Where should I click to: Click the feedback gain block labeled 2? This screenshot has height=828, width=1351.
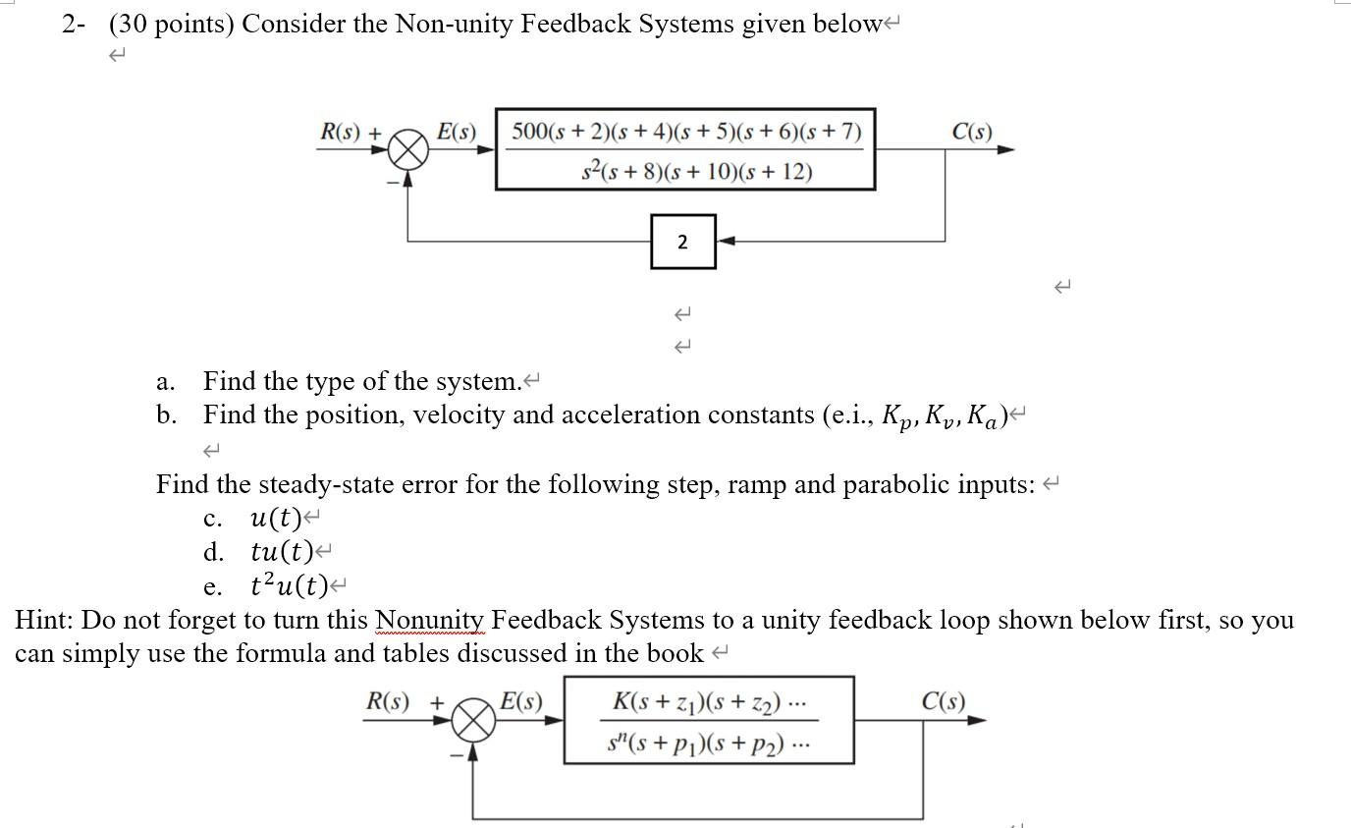[x=682, y=242]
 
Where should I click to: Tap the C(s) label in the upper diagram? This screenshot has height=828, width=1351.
[x=972, y=131]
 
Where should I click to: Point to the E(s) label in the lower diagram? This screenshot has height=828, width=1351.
[x=520, y=701]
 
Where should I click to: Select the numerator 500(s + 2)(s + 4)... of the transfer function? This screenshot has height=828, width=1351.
[x=685, y=131]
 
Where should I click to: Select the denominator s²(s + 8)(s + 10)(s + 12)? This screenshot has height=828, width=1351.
[x=696, y=171]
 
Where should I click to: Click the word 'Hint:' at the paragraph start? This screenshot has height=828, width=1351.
[x=45, y=621]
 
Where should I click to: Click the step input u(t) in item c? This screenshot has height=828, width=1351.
[x=276, y=518]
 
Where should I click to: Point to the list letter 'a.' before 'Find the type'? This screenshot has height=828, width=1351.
[x=166, y=381]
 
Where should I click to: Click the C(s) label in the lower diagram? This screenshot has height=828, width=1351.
[x=943, y=701]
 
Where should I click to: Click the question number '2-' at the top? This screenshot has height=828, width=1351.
[x=75, y=25]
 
